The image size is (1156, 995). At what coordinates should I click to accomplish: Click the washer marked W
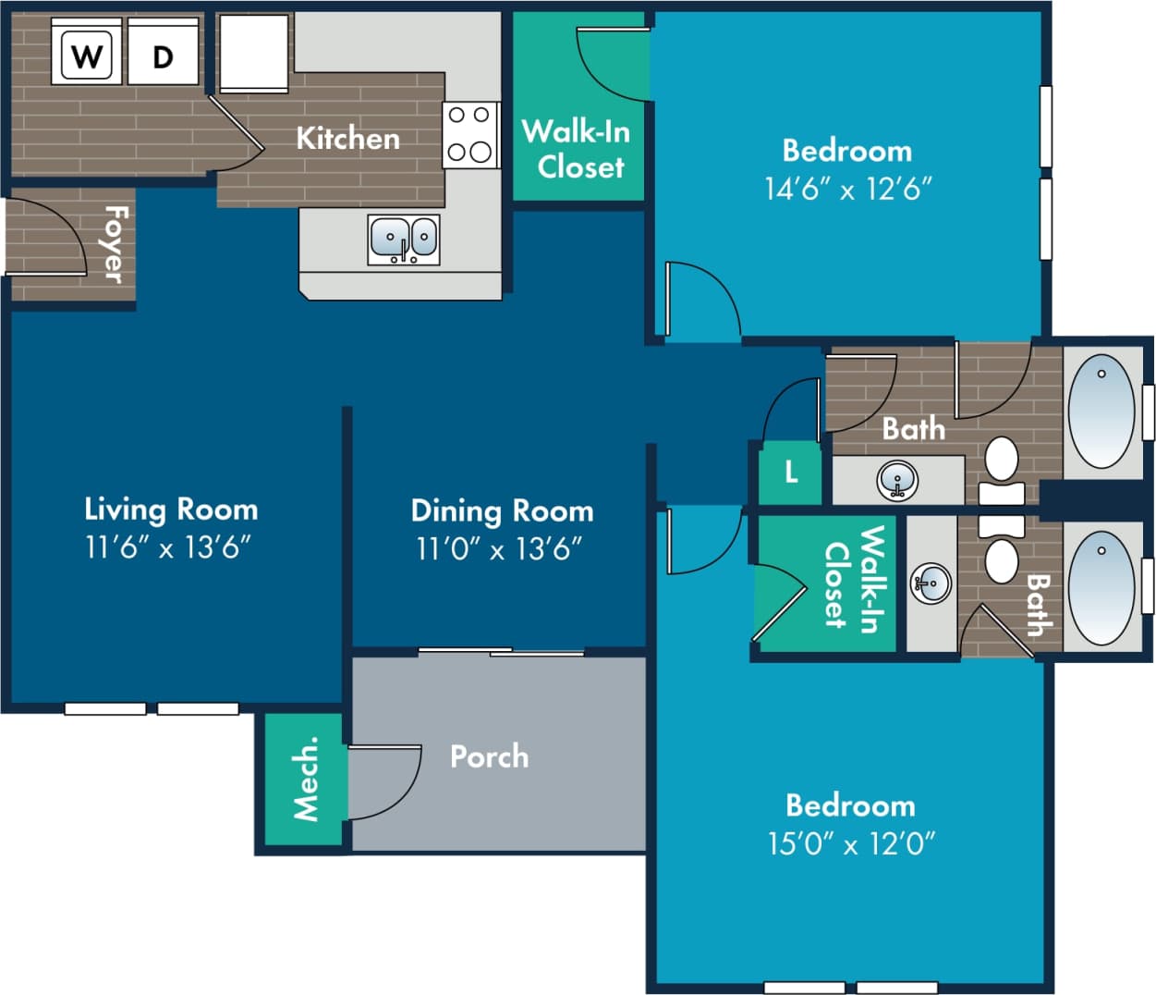click(x=86, y=55)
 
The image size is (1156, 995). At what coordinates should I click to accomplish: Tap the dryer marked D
click(x=163, y=55)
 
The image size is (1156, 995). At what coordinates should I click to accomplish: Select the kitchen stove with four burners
click(x=469, y=134)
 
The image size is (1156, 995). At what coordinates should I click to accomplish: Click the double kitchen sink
click(x=404, y=239)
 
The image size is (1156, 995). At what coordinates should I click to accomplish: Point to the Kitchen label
click(x=347, y=139)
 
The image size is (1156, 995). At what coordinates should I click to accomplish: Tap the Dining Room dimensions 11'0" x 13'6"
click(x=499, y=549)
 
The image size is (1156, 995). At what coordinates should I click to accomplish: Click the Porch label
click(x=489, y=756)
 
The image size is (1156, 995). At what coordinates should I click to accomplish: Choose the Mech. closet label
click(x=305, y=779)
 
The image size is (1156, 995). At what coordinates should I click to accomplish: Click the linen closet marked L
click(x=791, y=473)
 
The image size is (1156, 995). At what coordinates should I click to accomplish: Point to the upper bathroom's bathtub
click(x=1101, y=411)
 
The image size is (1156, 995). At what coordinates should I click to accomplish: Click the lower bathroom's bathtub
click(x=1101, y=586)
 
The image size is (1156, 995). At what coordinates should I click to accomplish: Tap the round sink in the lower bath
click(x=931, y=583)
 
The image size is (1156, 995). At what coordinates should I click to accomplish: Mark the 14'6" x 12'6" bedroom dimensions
click(x=847, y=189)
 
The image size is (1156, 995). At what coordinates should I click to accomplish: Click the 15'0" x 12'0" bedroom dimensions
click(x=851, y=843)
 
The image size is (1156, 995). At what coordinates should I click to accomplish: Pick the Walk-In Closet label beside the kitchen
click(x=577, y=149)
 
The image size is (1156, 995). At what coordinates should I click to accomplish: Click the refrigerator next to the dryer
click(x=253, y=53)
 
